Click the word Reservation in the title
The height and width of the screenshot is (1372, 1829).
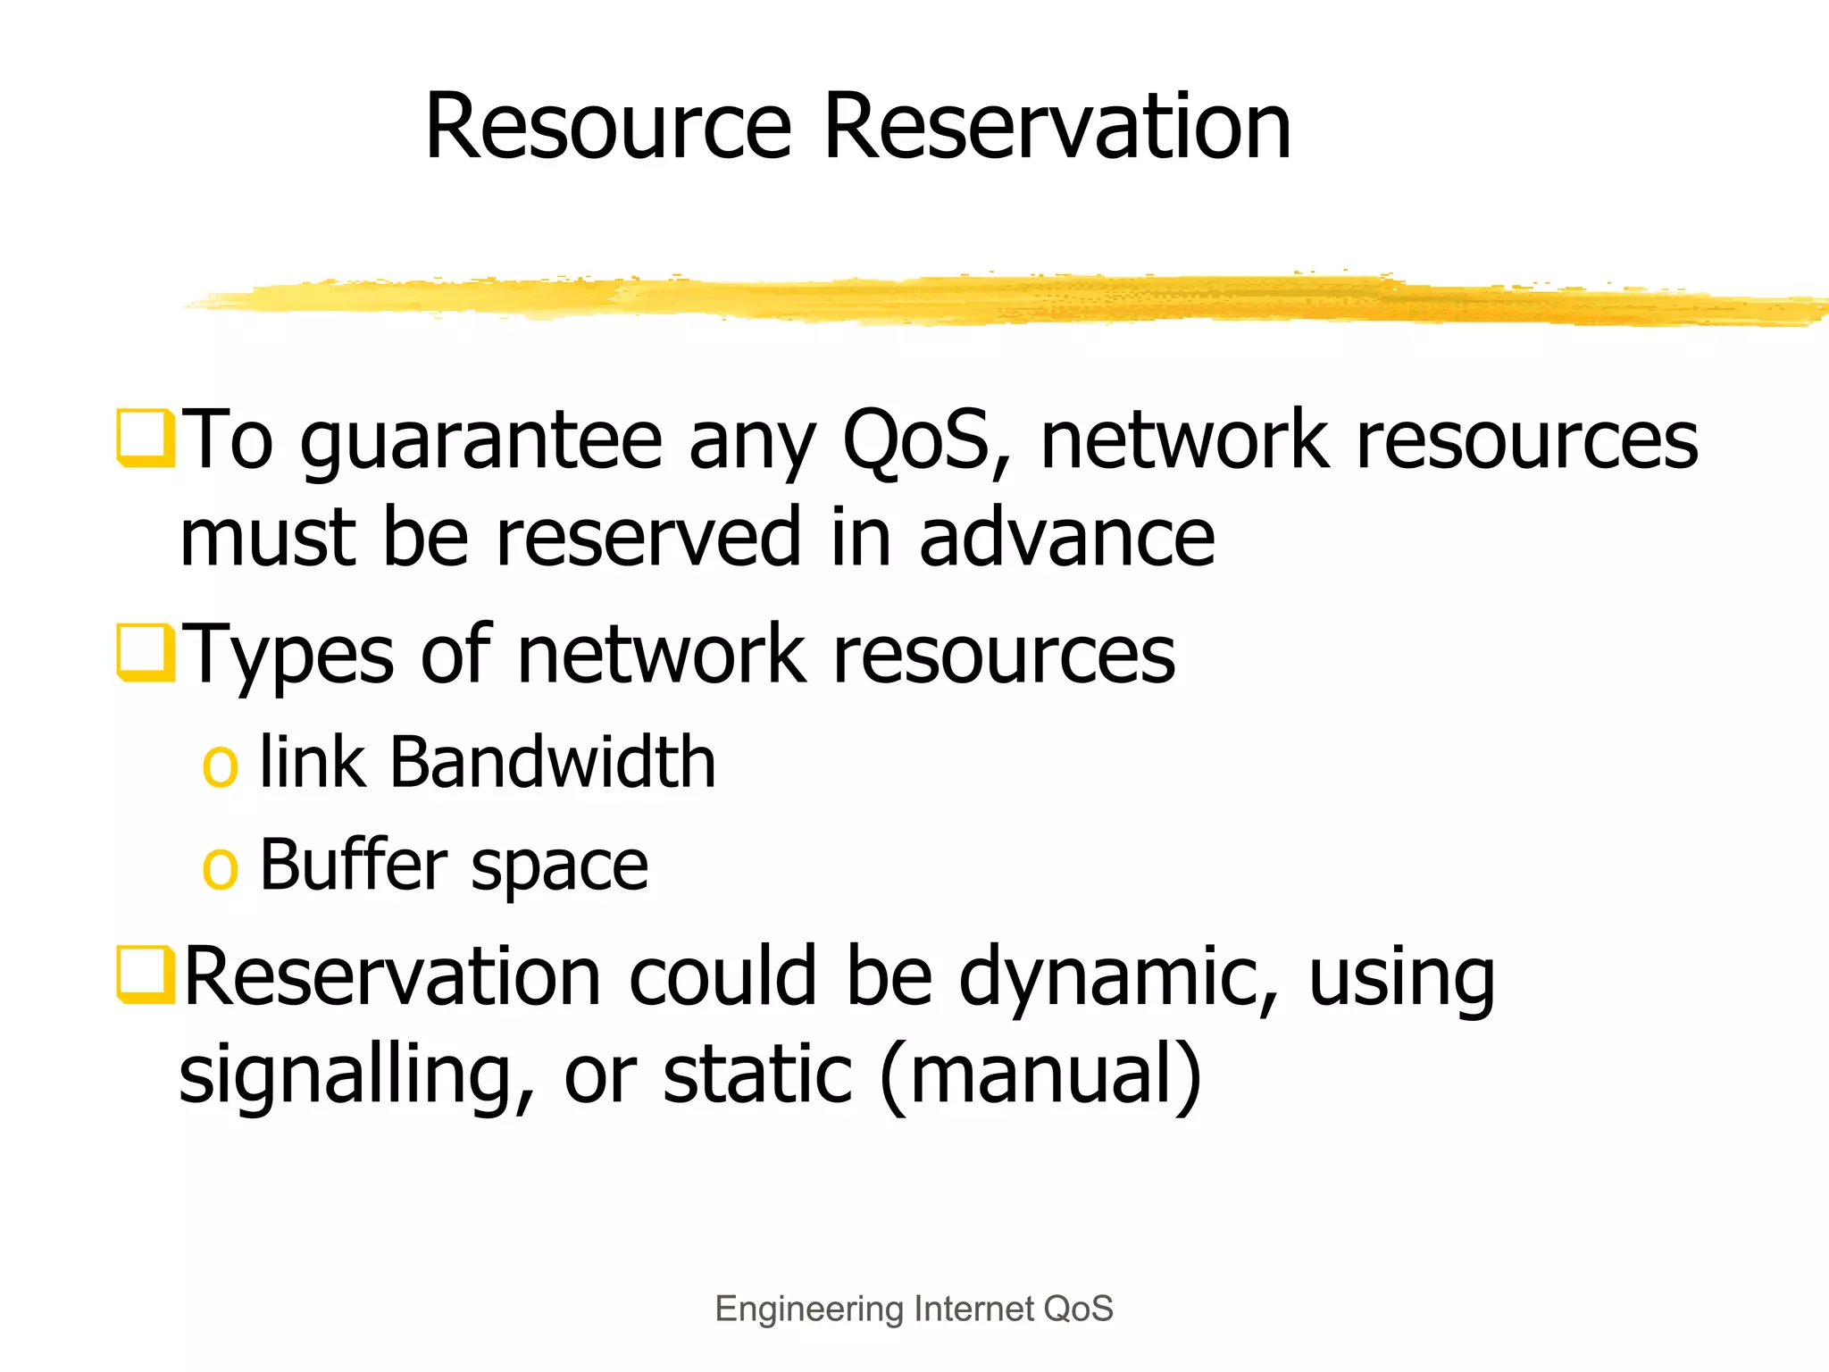click(x=1057, y=127)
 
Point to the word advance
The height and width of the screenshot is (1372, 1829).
click(x=1067, y=538)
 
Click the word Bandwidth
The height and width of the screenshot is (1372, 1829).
click(x=553, y=763)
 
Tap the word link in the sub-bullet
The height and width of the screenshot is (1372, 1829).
click(x=313, y=763)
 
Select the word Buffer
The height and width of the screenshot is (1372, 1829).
click(x=354, y=865)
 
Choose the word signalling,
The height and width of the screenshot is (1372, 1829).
click(x=357, y=1075)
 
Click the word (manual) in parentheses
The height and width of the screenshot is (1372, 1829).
click(x=1040, y=1074)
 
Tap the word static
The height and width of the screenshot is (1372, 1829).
click(x=757, y=1074)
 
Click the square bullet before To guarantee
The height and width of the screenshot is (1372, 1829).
click(x=145, y=438)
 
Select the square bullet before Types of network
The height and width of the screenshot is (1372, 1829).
click(x=145, y=652)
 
